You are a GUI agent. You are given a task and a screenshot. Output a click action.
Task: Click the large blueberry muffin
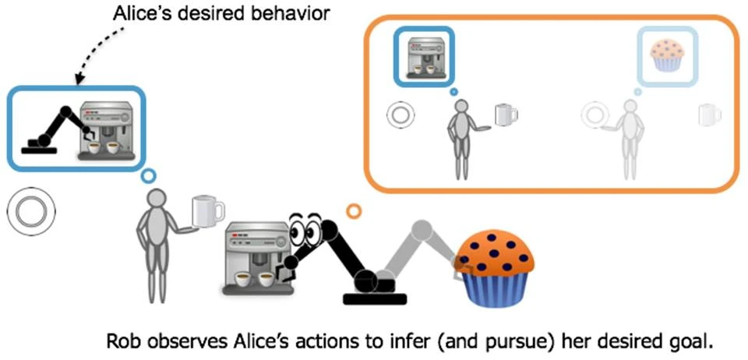pyautogui.click(x=495, y=270)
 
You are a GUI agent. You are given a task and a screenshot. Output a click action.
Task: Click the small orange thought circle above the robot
pyautogui.click(x=354, y=210)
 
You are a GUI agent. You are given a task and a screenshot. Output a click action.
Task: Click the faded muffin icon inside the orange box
pyautogui.click(x=667, y=55)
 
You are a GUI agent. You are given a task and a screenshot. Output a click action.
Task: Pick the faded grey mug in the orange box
pyautogui.click(x=709, y=115)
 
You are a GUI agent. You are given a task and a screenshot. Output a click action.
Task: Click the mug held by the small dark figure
pyautogui.click(x=505, y=115)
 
